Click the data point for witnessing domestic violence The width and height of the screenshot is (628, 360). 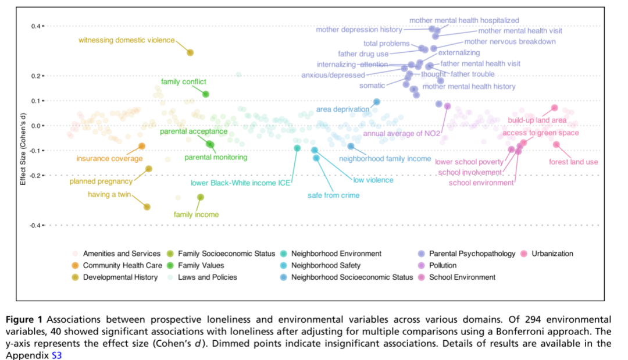coord(190,52)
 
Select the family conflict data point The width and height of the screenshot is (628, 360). coord(206,94)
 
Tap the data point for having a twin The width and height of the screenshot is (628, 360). coord(147,206)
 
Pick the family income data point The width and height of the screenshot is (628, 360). coord(201,197)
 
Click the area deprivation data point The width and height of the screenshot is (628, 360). coord(377,102)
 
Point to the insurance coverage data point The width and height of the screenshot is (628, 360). coord(142,146)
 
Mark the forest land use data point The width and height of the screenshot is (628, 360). coord(556,145)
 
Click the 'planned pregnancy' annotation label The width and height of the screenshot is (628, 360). coord(101,181)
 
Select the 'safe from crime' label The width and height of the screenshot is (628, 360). coord(334,195)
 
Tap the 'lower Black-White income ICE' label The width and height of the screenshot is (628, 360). coord(240,183)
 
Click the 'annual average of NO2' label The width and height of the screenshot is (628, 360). coord(402,133)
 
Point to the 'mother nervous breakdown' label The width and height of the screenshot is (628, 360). coord(510,42)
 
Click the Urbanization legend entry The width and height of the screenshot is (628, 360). coord(547,254)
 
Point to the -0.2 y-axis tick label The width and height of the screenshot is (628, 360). coord(35,176)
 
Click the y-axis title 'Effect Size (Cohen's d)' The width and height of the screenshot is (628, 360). coord(23,149)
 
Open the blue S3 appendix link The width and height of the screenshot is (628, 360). coord(56,355)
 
